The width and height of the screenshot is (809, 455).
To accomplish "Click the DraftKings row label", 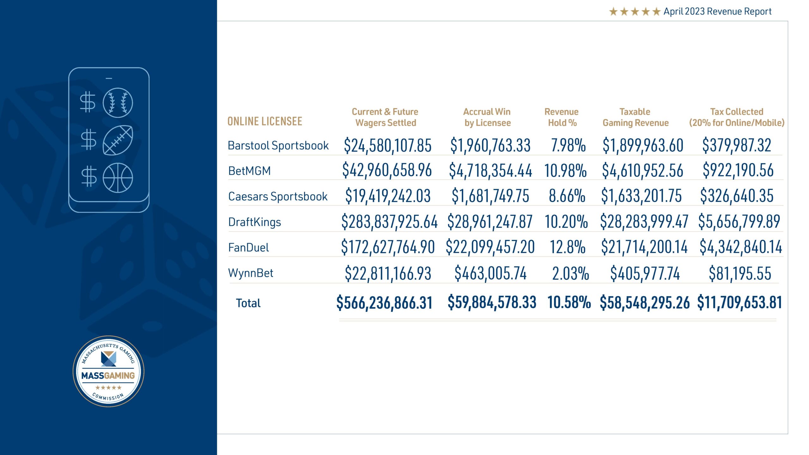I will (254, 222).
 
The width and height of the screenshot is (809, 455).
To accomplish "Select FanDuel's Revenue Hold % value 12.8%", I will (568, 247).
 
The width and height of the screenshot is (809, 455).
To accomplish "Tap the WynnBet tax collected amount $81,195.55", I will (739, 273).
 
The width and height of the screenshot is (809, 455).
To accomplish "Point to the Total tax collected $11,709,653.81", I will (739, 302).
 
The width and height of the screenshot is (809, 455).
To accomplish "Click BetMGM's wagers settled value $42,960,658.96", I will (387, 170).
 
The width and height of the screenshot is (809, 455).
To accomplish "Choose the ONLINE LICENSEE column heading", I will (265, 121).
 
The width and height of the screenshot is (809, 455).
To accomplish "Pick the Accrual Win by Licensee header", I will (487, 117).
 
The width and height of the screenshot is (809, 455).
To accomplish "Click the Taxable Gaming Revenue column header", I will (636, 117).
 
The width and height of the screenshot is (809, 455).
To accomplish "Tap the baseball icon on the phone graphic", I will (118, 103).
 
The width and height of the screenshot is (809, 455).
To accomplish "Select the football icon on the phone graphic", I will (118, 140).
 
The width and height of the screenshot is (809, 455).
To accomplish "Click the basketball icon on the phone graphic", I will (118, 178).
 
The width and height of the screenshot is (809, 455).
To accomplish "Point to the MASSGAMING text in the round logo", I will (108, 375).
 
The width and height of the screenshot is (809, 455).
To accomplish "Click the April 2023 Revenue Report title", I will (717, 11).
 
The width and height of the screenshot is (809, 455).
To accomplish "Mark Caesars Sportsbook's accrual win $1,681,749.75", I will (490, 196).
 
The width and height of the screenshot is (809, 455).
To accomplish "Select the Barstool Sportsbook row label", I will (278, 145).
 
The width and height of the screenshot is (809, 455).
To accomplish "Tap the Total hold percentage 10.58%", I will (569, 302).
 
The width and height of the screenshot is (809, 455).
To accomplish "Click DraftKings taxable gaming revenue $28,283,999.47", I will (644, 221).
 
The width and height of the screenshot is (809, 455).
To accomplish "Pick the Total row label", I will (248, 303).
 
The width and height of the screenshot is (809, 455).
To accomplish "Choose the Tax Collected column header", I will (737, 117).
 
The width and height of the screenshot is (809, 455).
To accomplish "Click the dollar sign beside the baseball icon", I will (88, 102).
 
